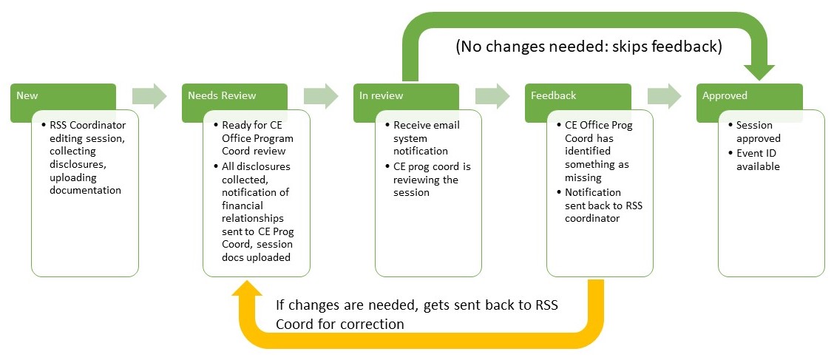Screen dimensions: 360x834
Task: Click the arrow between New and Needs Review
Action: coord(149,96)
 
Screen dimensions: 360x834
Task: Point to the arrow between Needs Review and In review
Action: coord(321,96)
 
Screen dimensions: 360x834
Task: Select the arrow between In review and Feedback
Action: coord(492,96)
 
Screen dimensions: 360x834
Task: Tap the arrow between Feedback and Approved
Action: coord(664,96)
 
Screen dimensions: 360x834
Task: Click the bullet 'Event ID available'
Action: coord(758,160)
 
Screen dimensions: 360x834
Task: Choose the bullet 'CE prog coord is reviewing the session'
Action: coord(432,180)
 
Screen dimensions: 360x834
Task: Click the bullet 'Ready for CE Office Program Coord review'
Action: coord(257,138)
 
